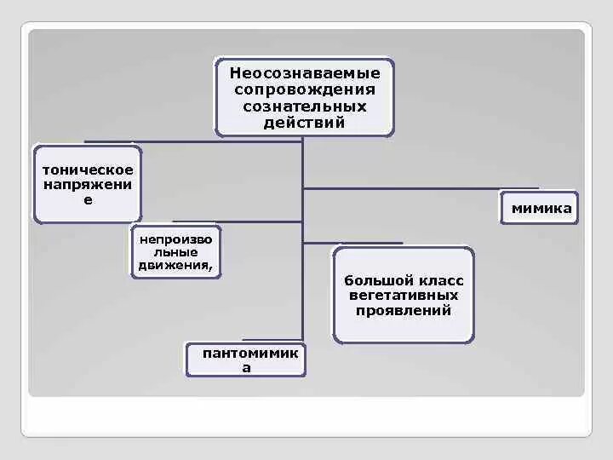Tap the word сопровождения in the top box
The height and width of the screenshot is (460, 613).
pyautogui.click(x=304, y=89)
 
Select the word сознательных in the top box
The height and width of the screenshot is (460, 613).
pyautogui.click(x=304, y=106)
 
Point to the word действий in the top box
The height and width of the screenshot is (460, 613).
pyautogui.click(x=304, y=123)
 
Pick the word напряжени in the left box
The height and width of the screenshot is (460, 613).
pyautogui.click(x=88, y=184)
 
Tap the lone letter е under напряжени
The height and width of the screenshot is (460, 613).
pyautogui.click(x=88, y=199)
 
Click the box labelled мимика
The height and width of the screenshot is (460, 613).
pyautogui.click(x=540, y=208)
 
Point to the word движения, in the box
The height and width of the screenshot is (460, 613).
pyautogui.click(x=176, y=265)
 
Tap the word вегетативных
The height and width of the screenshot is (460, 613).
pyautogui.click(x=404, y=296)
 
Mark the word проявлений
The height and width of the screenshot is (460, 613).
pyautogui.click(x=404, y=311)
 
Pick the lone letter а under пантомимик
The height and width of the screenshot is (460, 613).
pyautogui.click(x=246, y=368)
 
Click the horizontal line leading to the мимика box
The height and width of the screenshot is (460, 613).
pyautogui.click(x=421, y=188)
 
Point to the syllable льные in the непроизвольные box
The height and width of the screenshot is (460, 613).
pyautogui.click(x=176, y=251)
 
